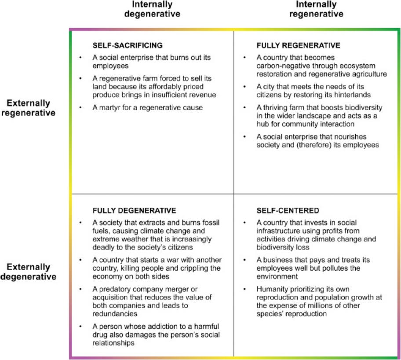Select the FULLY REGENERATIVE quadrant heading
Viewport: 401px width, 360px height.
299,45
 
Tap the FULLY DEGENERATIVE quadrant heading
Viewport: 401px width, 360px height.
134,210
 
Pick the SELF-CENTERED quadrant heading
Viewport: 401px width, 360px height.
288,210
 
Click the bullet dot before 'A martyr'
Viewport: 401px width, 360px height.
80,107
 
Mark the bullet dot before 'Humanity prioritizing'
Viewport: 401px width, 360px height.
244,289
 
